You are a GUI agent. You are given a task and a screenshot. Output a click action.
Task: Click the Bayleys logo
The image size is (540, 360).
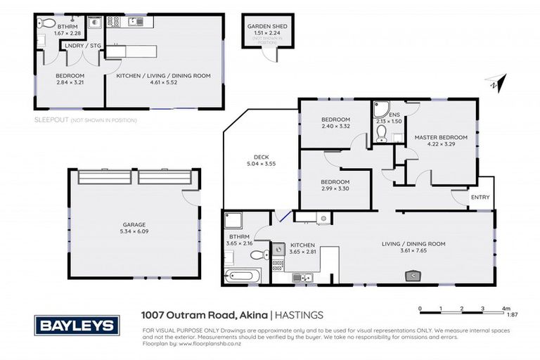[77, 326]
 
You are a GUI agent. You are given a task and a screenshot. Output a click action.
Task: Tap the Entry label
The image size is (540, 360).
[480, 198]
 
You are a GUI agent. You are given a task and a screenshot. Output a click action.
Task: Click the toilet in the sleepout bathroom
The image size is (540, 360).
[41, 41]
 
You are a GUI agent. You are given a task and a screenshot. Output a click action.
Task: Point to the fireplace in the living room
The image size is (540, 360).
[415, 275]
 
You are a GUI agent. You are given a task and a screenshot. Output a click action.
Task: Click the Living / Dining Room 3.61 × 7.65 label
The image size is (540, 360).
[413, 247]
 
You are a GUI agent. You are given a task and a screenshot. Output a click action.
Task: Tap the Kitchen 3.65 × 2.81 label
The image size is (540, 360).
[302, 248]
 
